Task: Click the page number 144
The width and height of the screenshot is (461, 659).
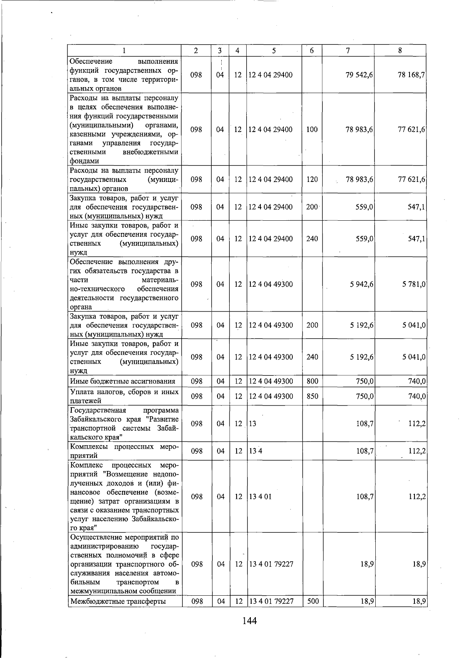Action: [249, 621]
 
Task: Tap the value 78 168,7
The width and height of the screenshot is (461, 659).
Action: [411, 75]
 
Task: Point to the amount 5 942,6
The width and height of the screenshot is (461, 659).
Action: [361, 284]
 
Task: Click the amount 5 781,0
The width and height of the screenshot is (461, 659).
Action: [413, 284]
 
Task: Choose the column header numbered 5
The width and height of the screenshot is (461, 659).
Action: [274, 50]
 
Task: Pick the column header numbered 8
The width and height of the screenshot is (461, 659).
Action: [400, 50]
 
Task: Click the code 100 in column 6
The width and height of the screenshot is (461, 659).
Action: [312, 130]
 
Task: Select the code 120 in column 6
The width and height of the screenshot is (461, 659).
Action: [312, 179]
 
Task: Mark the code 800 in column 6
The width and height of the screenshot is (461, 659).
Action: [312, 381]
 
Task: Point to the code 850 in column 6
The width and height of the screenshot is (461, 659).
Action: [312, 396]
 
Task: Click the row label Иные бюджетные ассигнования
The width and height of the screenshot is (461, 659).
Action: [123, 381]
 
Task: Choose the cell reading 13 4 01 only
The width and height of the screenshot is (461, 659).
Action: [260, 497]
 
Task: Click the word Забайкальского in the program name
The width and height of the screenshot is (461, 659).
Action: [93, 419]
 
